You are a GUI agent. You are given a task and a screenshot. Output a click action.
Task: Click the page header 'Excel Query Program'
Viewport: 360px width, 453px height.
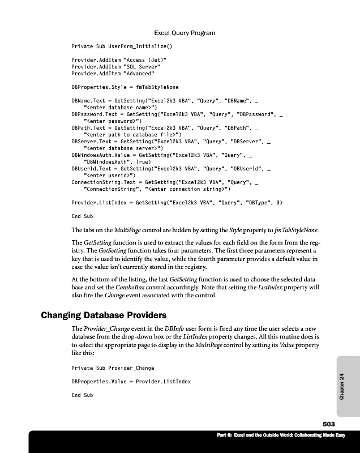click(185, 33)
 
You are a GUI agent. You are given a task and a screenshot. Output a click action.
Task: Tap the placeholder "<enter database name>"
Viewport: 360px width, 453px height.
click(121, 106)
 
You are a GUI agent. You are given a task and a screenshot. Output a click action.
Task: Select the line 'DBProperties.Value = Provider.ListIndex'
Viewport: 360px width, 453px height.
click(131, 382)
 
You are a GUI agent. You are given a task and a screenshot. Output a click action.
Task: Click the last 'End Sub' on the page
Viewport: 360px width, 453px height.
click(82, 395)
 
